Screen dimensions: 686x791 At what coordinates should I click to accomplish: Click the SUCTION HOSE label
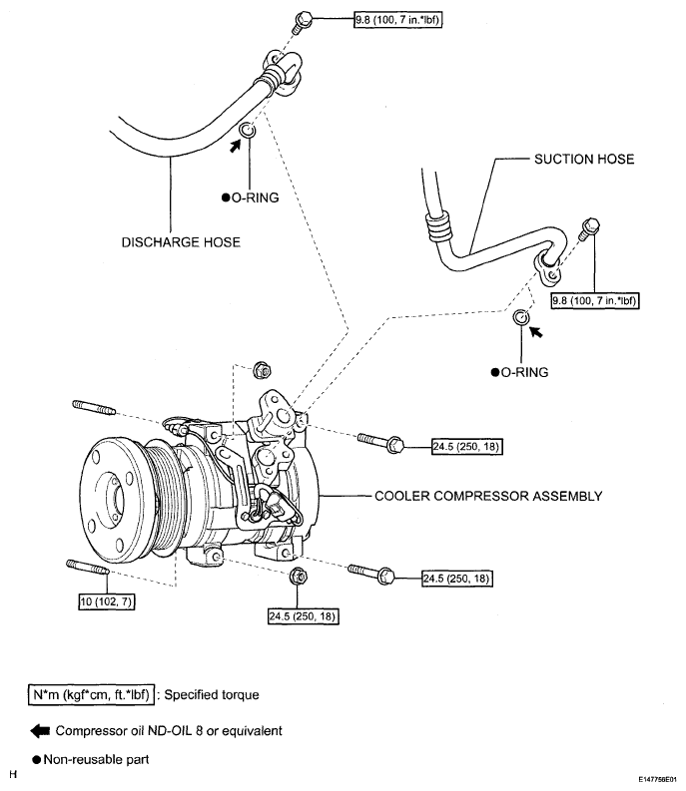(x=584, y=159)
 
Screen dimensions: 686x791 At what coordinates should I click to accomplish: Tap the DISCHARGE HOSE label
(x=181, y=242)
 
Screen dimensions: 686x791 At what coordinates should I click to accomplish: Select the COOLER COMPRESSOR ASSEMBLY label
(x=488, y=496)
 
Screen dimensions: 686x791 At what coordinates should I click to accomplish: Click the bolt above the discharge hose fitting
(x=303, y=22)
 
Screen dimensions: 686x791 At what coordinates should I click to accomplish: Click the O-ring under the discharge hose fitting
(x=248, y=131)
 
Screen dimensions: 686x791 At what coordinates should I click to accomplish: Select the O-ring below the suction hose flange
(x=521, y=317)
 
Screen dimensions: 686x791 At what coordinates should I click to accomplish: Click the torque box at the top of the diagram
(x=398, y=20)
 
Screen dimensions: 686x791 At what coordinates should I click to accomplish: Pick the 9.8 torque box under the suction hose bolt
(x=595, y=300)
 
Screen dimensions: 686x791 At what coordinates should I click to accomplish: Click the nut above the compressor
(x=262, y=371)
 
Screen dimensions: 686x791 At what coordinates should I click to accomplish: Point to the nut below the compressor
(x=299, y=577)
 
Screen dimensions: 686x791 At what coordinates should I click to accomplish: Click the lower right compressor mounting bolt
(x=371, y=573)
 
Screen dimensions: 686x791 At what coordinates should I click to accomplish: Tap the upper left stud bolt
(x=94, y=408)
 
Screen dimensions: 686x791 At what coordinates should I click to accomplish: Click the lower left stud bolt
(x=88, y=567)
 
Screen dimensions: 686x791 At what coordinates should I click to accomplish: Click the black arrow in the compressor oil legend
(x=40, y=731)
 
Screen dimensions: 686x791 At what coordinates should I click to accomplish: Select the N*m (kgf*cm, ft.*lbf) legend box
(x=91, y=694)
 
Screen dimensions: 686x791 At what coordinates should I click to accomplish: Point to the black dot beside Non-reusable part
(x=36, y=760)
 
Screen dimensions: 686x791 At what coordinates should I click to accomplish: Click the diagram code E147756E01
(x=657, y=779)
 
